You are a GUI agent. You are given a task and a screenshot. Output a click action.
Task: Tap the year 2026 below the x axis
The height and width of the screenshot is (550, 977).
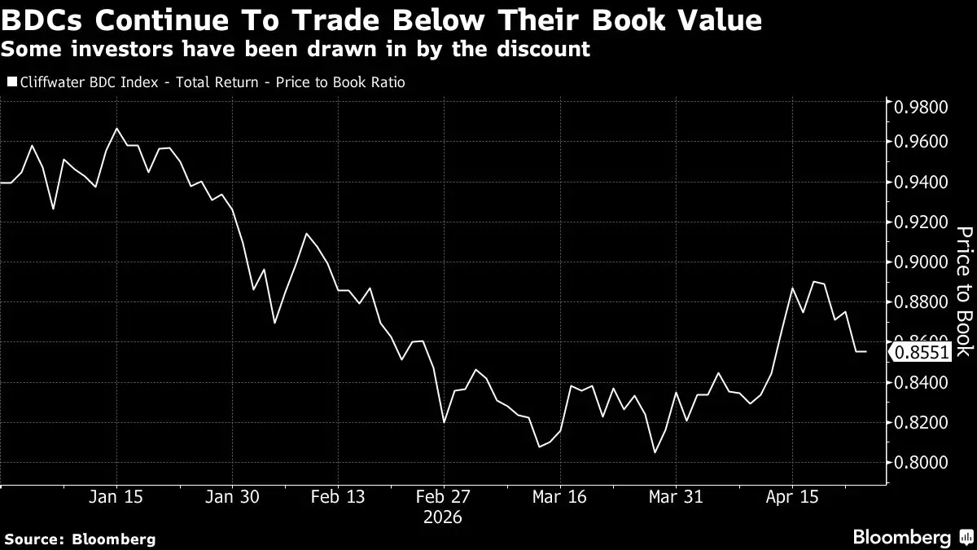(x=443, y=517)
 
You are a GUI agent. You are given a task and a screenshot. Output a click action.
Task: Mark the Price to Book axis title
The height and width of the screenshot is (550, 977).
(x=963, y=291)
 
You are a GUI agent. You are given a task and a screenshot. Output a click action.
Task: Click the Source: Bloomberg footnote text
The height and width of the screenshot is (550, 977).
(x=79, y=539)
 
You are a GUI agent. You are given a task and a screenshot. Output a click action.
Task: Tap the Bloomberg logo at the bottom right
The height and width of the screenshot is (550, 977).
(x=901, y=537)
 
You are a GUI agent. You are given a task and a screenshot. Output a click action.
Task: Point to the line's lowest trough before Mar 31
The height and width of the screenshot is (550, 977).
(x=654, y=453)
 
